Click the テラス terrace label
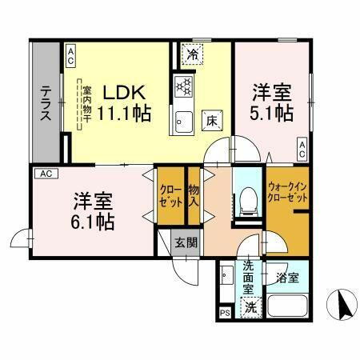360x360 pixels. [x=46, y=103]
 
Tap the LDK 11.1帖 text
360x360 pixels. [x=123, y=102]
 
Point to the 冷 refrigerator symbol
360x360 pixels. [x=193, y=54]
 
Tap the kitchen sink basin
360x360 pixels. [x=182, y=122]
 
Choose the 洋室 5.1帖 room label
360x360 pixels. [x=271, y=102]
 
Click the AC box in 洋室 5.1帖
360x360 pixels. [x=303, y=148]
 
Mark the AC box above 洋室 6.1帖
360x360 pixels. [x=46, y=173]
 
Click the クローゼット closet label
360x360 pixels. [x=170, y=197]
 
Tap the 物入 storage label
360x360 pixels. [x=193, y=197]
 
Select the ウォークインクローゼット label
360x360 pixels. [x=285, y=190]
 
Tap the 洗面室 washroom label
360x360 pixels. [x=249, y=277]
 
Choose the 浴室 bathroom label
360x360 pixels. [x=288, y=278]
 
